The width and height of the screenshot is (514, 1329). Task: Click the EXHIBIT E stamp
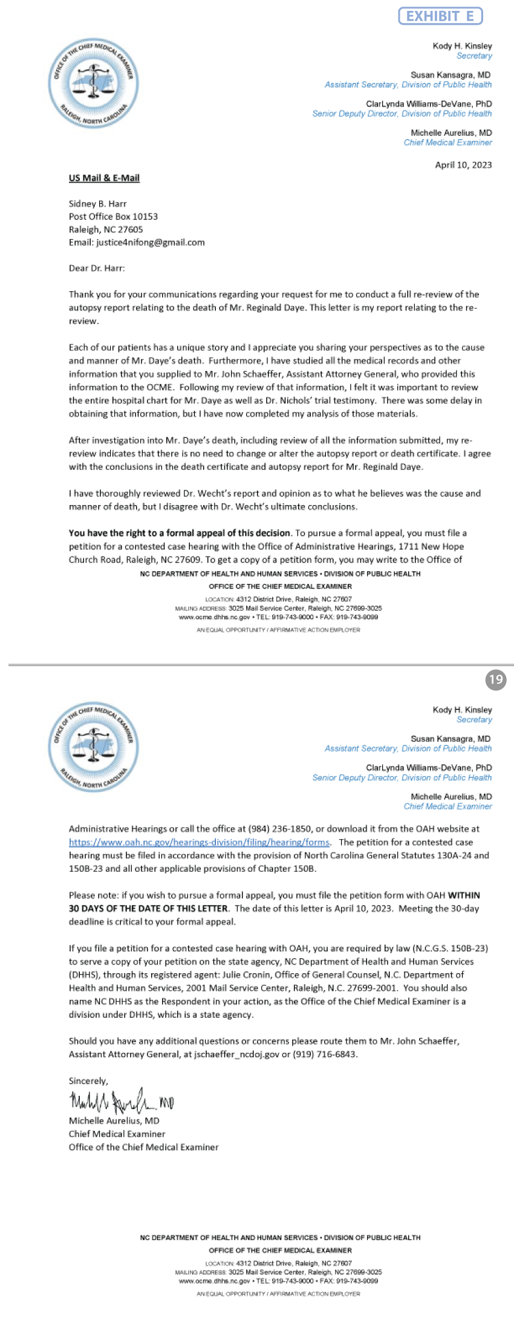(440, 16)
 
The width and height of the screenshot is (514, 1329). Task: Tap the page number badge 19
(495, 680)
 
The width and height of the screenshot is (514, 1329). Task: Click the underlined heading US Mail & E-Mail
(104, 178)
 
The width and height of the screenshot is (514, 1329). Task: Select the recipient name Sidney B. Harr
(97, 204)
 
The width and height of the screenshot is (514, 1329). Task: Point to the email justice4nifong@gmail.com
(150, 242)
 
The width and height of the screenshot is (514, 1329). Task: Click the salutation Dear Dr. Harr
(97, 268)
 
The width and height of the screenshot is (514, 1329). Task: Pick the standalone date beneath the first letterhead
(463, 165)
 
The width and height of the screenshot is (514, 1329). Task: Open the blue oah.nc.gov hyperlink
(199, 842)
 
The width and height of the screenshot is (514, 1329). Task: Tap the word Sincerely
(88, 1081)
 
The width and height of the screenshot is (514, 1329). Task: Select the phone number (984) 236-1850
(280, 829)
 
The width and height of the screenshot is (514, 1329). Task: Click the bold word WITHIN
(464, 895)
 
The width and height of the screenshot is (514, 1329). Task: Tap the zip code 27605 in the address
(130, 230)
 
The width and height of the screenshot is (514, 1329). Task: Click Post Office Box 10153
(113, 216)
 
